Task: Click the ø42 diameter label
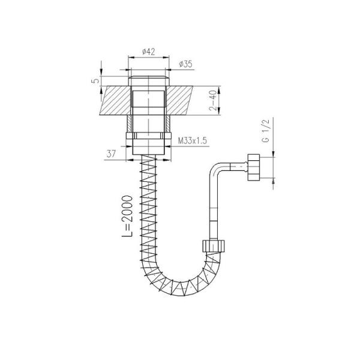(149, 52)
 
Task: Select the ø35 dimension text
(185, 64)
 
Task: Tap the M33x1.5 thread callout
(193, 140)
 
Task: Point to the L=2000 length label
(127, 216)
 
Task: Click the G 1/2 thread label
(266, 130)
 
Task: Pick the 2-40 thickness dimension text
(213, 100)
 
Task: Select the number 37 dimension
(112, 154)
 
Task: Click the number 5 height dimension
(96, 81)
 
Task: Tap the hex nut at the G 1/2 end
(254, 167)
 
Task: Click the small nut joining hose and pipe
(214, 246)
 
